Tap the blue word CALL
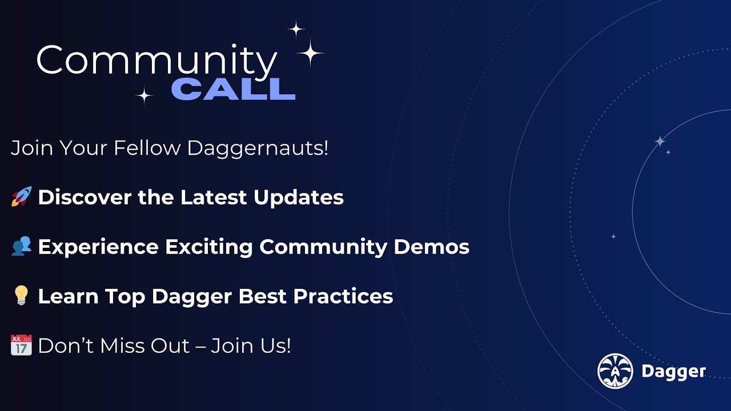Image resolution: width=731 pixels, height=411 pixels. [x=233, y=89]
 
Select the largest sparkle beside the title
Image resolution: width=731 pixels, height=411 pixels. [x=311, y=53]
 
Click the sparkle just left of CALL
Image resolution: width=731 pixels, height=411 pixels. [x=144, y=95]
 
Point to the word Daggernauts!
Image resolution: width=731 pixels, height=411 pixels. [x=258, y=148]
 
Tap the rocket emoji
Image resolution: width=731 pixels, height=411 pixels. [x=21, y=197]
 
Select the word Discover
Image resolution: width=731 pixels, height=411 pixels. [x=85, y=198]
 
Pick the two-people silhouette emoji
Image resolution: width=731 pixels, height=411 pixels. [x=21, y=247]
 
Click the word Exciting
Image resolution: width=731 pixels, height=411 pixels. [x=209, y=247]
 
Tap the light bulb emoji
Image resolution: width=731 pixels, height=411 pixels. [x=21, y=296]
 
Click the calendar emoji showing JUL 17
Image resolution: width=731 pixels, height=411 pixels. [x=21, y=345]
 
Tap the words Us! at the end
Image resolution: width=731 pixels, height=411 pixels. [x=276, y=346]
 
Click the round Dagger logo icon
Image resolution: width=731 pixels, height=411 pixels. [x=615, y=371]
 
